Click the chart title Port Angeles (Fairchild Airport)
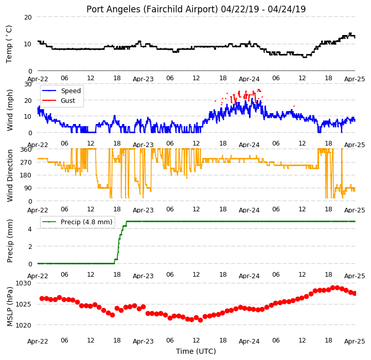[x=152, y=9]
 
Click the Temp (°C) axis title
[x=9, y=44]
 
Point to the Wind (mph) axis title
[x=10, y=110]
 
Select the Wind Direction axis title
[x=10, y=175]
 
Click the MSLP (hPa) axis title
[x=10, y=307]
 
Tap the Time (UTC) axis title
[x=196, y=351]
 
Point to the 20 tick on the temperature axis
[x=28, y=17]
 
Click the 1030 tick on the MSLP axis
[x=24, y=283]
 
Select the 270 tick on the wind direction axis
[x=26, y=163]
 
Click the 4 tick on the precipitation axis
[x=30, y=229]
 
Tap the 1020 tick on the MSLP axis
[x=24, y=325]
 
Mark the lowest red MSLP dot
[x=200, y=320]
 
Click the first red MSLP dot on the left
[x=42, y=298]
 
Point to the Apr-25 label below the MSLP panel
[x=355, y=341]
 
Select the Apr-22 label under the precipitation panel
[x=38, y=276]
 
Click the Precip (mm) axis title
[x=10, y=241]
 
